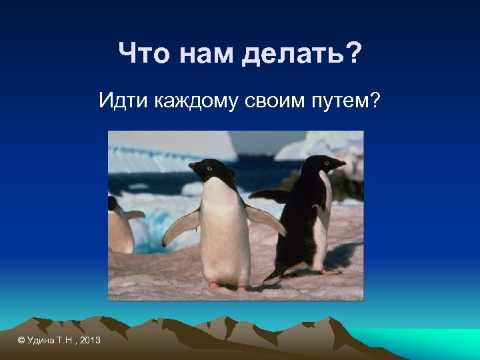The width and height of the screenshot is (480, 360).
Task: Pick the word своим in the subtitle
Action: click(277, 103)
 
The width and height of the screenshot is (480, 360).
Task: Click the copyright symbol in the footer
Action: click(21, 341)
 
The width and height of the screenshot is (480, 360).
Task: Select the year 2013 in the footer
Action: click(89, 341)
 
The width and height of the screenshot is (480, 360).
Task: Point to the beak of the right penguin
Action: click(339, 162)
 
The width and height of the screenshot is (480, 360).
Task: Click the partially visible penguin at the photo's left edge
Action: click(120, 227)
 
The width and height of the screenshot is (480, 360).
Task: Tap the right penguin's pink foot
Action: click(329, 272)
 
